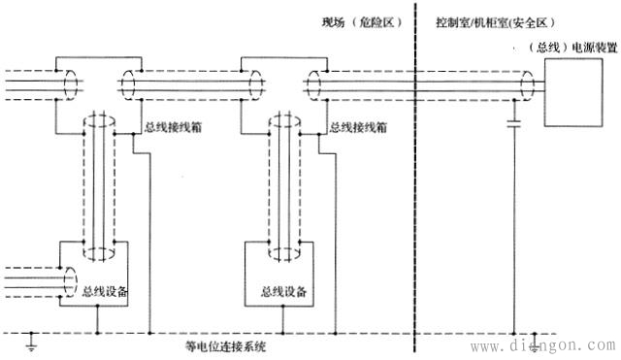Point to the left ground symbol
pos(32,343)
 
